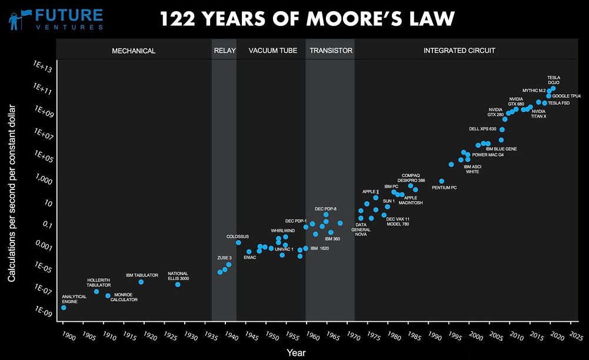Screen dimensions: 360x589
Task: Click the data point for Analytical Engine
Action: click(64, 308)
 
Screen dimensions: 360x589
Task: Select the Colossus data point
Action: click(238, 242)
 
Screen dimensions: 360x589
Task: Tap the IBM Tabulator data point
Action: click(141, 282)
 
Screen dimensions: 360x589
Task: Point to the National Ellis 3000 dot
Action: click(178, 285)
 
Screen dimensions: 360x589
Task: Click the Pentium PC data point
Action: click(442, 181)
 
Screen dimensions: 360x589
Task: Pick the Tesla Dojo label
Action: click(554, 80)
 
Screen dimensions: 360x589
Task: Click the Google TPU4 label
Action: click(567, 96)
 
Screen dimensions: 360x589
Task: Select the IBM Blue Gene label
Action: click(501, 149)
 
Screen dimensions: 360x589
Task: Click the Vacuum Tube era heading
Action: click(272, 51)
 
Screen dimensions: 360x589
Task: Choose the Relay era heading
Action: click(224, 51)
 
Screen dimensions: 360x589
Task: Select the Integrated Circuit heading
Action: click(459, 51)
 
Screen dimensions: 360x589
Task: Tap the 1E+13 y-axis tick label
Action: click(44, 69)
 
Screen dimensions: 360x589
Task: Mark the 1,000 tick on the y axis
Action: click(42, 181)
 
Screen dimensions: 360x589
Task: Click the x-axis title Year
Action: click(296, 352)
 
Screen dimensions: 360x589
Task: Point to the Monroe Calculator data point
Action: click(108, 296)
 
